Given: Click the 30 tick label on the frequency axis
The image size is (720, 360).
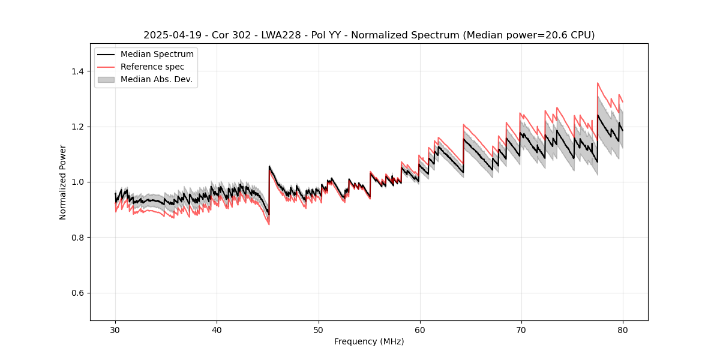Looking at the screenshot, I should pos(115,329).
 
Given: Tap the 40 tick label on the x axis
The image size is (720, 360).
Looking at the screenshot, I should pos(217,329).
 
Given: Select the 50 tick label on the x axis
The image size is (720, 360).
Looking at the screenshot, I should pos(318,329).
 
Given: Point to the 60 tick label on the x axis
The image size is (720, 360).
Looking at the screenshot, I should pos(419,329).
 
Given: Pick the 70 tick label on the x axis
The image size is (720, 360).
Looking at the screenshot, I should pos(521,329).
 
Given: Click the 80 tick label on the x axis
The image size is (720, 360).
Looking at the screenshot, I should pos(622,329).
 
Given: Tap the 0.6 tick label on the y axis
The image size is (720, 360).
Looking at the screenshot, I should pos(77,293).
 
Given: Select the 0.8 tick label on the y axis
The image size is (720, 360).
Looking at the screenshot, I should pos(77,238).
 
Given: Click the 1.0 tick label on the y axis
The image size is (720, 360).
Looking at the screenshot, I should pos(77,182).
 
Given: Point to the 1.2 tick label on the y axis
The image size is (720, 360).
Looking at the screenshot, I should pos(77,127).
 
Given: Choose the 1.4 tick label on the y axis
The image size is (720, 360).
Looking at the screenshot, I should pos(77,71).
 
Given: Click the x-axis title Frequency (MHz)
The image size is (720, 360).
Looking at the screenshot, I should pos(369,341).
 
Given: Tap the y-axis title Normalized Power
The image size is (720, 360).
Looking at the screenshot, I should pos(63,182).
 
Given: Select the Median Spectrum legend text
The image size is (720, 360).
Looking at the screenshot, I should pos(157,55).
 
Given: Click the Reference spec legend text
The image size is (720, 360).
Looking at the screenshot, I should pos(152,67).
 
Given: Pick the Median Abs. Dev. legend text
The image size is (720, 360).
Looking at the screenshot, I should pos(156,79).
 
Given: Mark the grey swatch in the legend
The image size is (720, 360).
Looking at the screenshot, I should pos(106,79).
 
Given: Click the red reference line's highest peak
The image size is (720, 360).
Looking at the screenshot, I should pos(598,83).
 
